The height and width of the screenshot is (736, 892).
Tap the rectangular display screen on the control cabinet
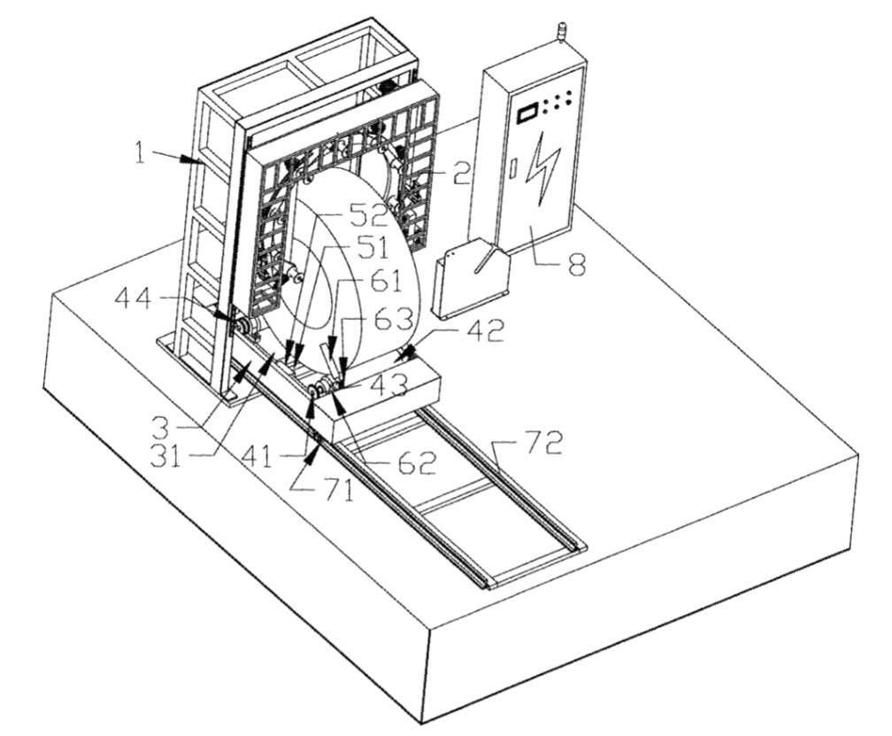[527, 113]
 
